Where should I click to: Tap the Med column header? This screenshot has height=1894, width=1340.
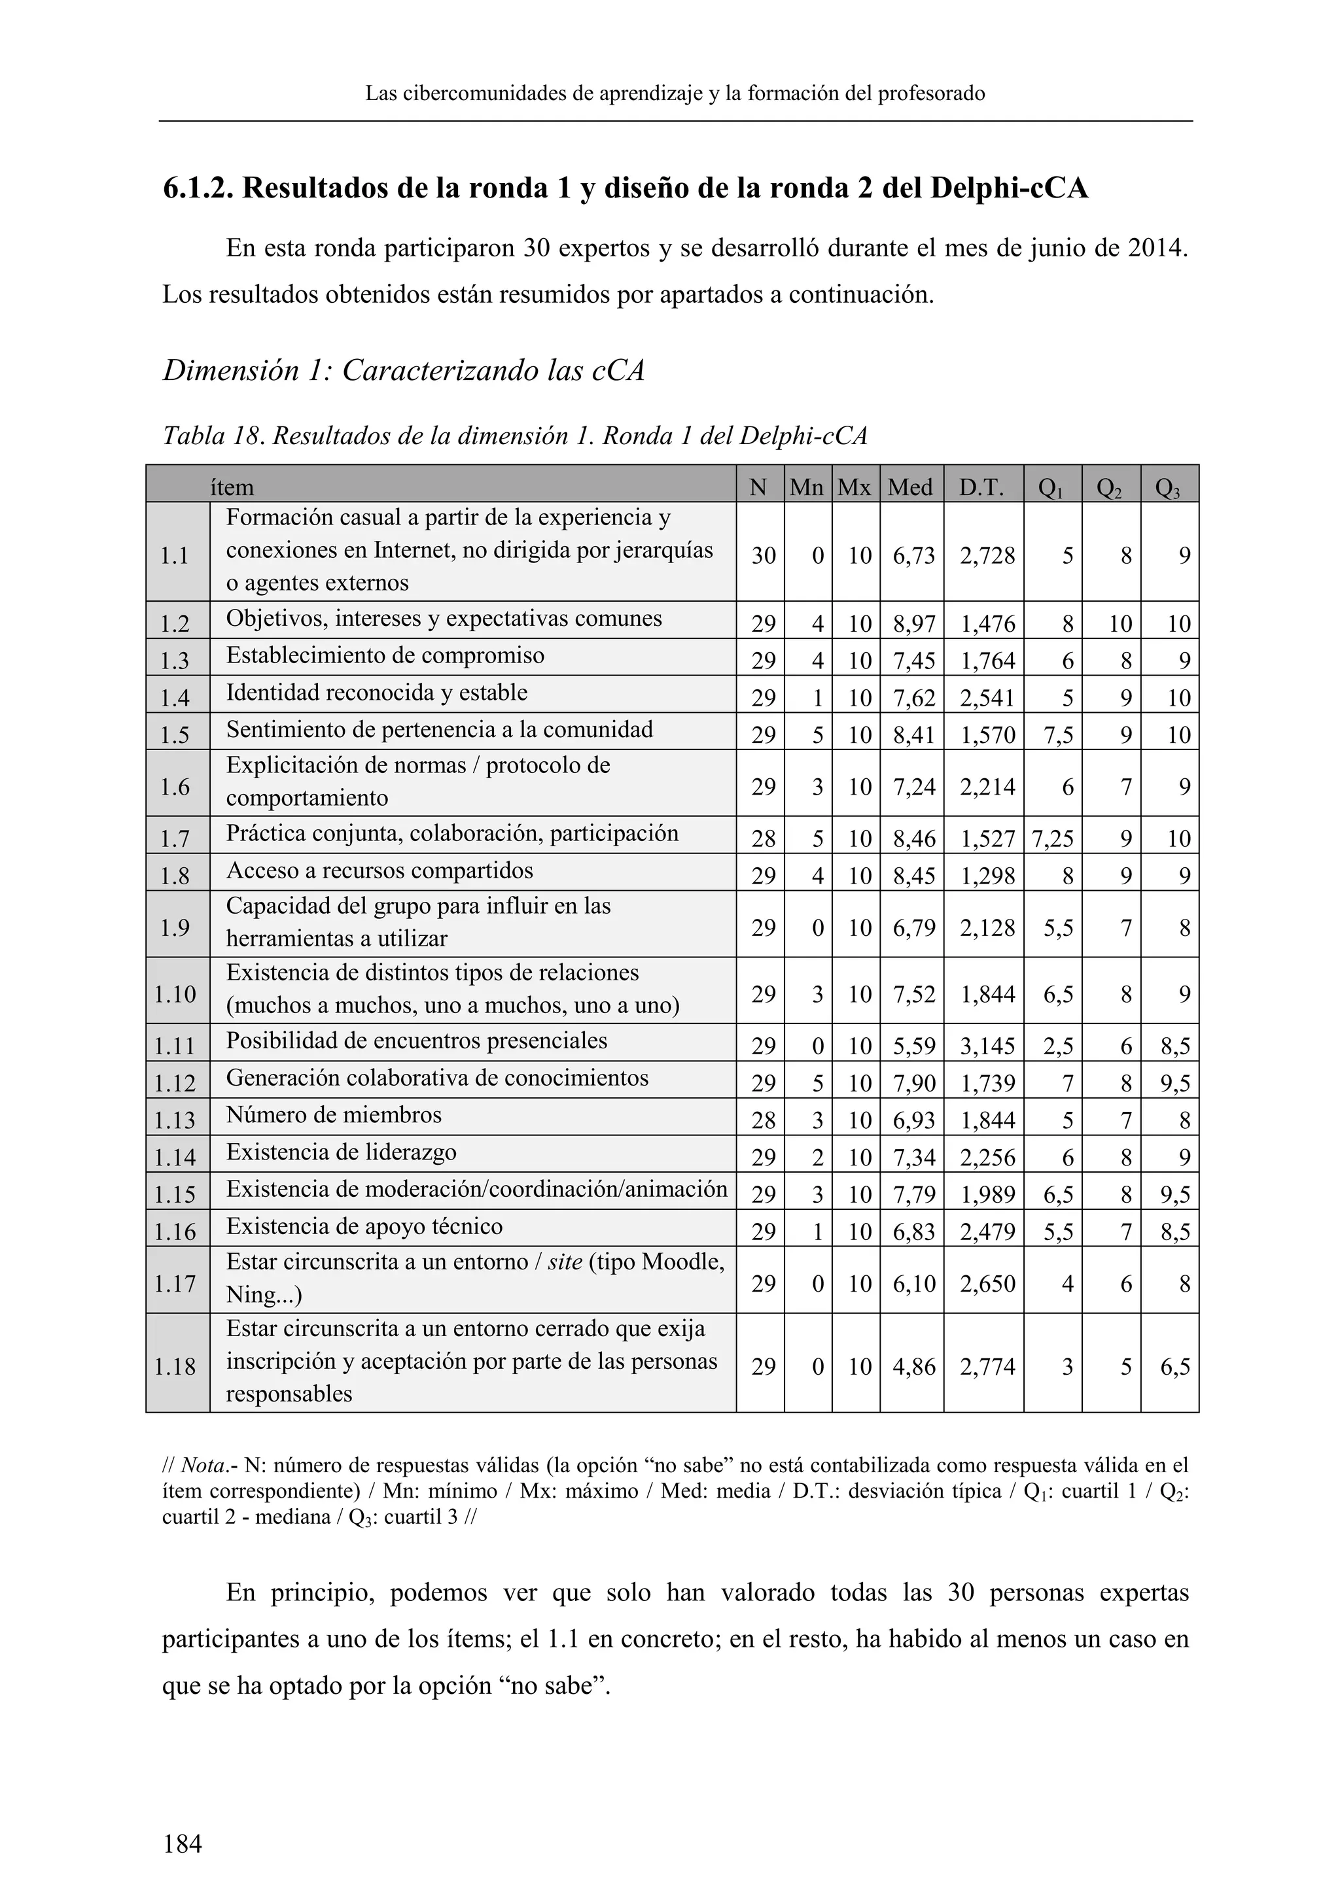point(910,487)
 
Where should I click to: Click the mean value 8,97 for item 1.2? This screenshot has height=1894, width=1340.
point(913,624)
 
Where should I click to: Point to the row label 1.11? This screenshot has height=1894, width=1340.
point(175,1047)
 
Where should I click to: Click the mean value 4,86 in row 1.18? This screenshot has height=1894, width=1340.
point(913,1367)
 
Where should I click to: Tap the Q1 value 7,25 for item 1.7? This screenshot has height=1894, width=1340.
point(1052,839)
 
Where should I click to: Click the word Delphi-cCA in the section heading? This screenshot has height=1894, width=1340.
point(1008,189)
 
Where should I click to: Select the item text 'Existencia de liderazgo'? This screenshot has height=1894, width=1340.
point(342,1152)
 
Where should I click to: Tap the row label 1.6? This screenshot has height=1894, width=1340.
point(175,787)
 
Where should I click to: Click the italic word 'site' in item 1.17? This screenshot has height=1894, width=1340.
point(565,1262)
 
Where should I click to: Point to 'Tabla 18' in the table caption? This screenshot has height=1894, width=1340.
point(211,436)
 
